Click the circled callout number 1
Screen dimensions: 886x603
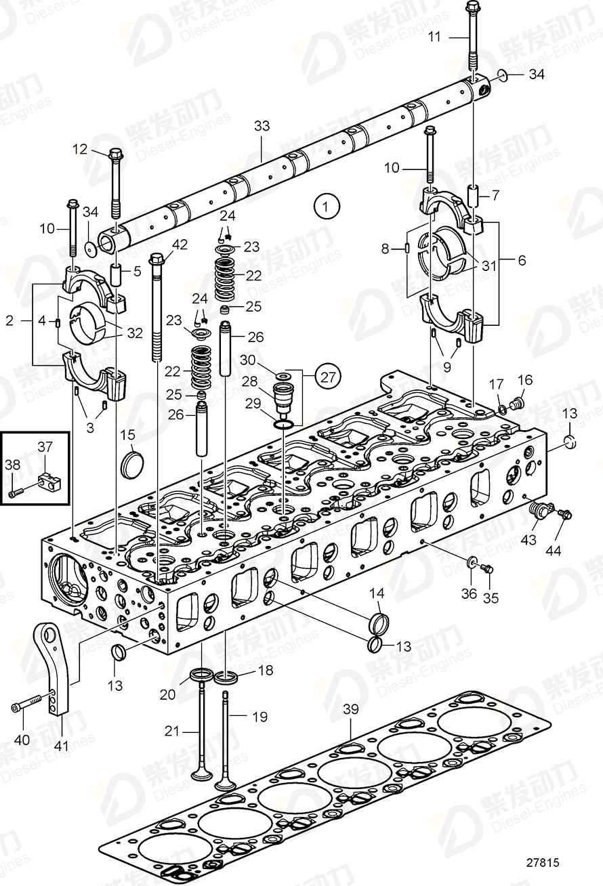pos(327,205)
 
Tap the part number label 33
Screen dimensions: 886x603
pos(262,125)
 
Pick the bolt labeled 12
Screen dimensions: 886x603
pos(116,180)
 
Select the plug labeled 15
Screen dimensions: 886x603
pos(129,465)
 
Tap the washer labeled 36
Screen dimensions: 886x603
pos(472,562)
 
